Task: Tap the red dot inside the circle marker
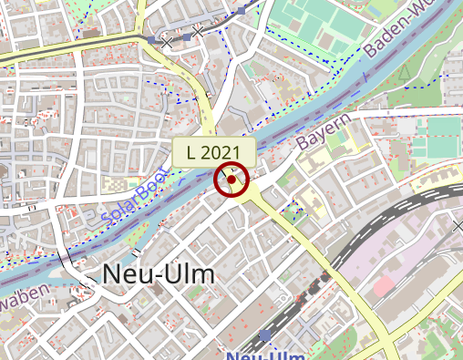tap(231, 180)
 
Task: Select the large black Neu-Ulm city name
tap(159, 273)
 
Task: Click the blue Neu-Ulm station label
tap(265, 355)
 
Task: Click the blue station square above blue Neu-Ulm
tap(265, 336)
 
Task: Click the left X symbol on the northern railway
tap(166, 41)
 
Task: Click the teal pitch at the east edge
tap(443, 137)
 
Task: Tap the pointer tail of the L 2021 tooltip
tap(222, 169)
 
